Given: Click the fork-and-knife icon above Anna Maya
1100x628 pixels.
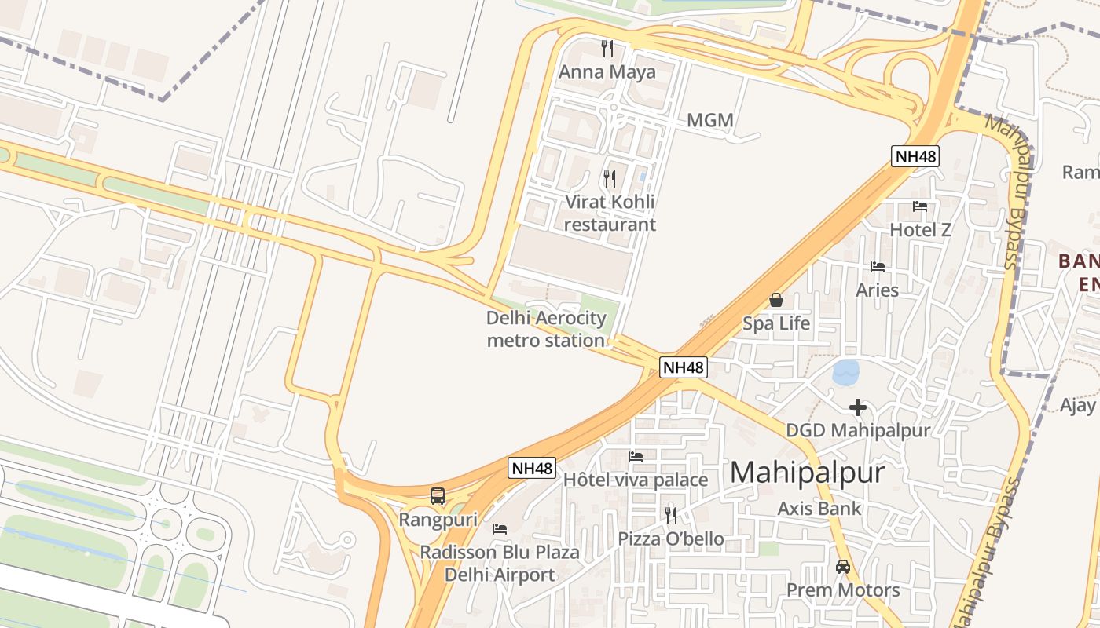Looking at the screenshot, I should [x=607, y=49].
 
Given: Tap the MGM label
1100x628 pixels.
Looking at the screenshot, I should [x=709, y=120].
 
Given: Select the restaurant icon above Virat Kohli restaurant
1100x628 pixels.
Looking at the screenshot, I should [x=610, y=179].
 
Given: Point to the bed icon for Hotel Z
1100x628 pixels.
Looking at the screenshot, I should [x=920, y=206].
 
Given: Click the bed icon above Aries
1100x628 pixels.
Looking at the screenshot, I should [x=878, y=267].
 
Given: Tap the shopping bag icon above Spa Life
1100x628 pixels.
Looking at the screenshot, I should [x=776, y=300].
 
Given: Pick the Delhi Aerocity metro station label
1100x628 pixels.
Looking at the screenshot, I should [x=546, y=329].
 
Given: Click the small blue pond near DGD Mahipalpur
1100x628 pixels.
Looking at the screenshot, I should [x=846, y=371].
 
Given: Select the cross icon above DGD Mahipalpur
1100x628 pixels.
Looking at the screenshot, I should [x=858, y=407].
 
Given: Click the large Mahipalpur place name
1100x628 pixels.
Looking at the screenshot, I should [x=807, y=473].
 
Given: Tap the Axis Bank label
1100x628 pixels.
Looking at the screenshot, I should [x=819, y=508].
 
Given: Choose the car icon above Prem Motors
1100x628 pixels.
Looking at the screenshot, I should [x=843, y=566].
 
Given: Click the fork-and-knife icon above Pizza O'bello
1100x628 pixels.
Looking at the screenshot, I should [x=670, y=515].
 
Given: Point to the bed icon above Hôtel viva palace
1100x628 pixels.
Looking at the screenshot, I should [x=636, y=456].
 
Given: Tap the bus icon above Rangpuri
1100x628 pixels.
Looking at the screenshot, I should [x=438, y=496].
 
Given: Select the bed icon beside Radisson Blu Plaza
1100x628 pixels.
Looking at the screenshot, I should [x=499, y=529].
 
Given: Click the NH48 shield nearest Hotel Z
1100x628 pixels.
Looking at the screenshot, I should [x=916, y=155].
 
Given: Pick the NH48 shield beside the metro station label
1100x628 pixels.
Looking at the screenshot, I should [x=683, y=367].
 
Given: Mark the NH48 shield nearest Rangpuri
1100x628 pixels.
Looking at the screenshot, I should [x=532, y=468].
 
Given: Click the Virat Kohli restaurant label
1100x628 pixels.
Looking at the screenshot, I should [x=610, y=213].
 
